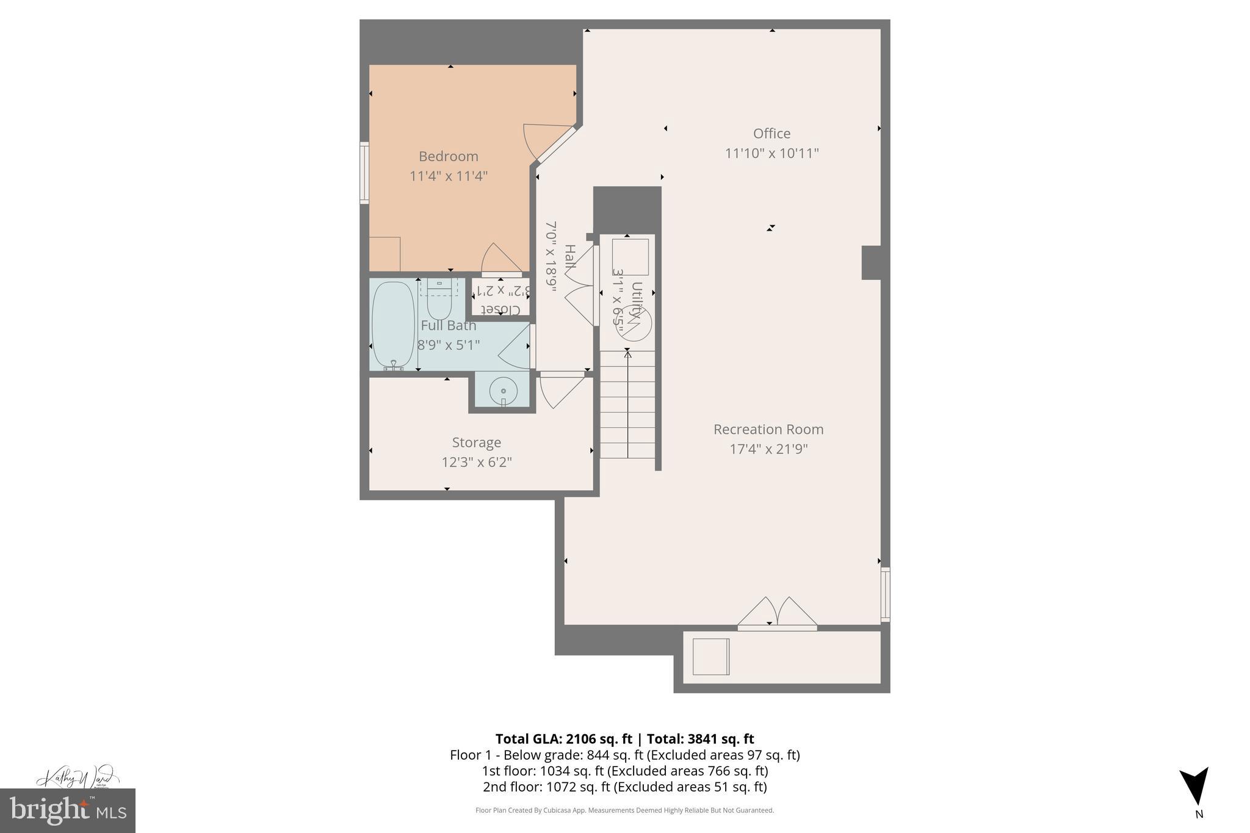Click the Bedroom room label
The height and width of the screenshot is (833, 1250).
(x=448, y=156)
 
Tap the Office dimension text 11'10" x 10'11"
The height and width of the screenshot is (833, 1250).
(x=771, y=153)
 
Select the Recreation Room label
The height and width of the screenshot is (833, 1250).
(x=768, y=429)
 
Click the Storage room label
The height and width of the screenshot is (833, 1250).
(x=476, y=442)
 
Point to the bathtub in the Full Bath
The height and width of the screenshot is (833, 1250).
(x=393, y=324)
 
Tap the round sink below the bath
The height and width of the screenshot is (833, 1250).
(x=504, y=391)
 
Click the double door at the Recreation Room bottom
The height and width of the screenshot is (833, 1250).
(x=776, y=613)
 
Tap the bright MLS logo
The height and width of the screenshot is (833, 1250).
(x=67, y=810)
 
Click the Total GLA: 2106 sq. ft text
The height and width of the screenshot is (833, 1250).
(x=563, y=739)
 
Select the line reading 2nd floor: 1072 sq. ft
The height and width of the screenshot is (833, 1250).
(x=624, y=787)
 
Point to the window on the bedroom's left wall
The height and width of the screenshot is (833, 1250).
(x=364, y=173)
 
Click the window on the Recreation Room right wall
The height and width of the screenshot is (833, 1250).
(x=885, y=594)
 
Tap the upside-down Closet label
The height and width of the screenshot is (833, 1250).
(x=500, y=309)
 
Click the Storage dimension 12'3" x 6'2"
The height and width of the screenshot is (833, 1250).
(x=476, y=462)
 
